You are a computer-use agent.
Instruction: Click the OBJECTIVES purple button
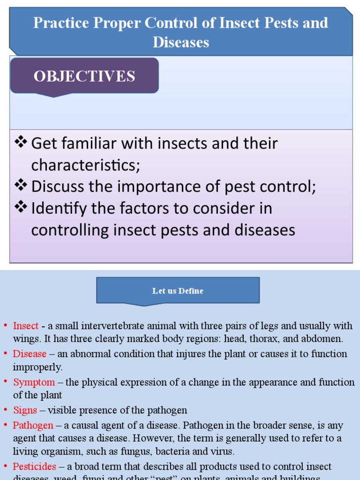(84, 76)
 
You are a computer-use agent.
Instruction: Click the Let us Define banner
(178, 291)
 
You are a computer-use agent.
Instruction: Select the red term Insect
(26, 326)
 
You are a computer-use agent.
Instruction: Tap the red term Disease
(30, 354)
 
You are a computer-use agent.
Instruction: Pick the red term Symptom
(34, 382)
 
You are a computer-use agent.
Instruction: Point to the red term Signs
(25, 410)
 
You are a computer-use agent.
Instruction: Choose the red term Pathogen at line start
(33, 426)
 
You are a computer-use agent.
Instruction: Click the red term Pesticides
(34, 466)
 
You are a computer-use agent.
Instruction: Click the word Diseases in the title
(180, 43)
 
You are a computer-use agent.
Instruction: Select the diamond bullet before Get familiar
(21, 142)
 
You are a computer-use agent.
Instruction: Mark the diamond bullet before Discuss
(21, 186)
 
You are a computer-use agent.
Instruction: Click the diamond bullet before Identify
(21, 207)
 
